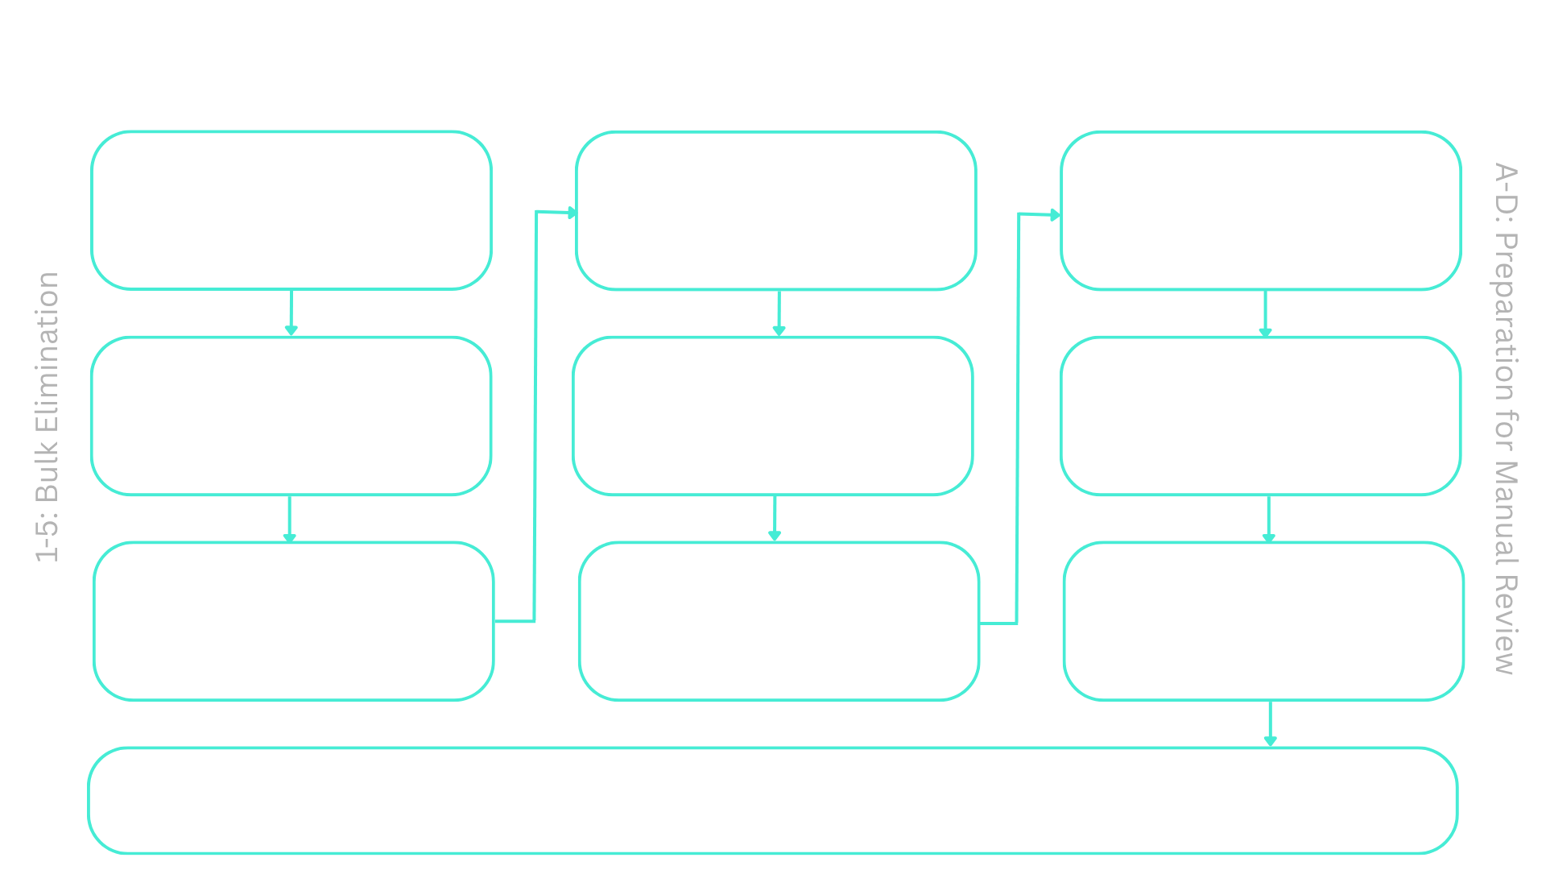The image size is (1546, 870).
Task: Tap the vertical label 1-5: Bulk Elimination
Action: coord(48,417)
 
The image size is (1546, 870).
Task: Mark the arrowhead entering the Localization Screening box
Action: coord(572,213)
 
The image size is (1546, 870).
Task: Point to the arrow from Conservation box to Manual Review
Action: coord(1270,725)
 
